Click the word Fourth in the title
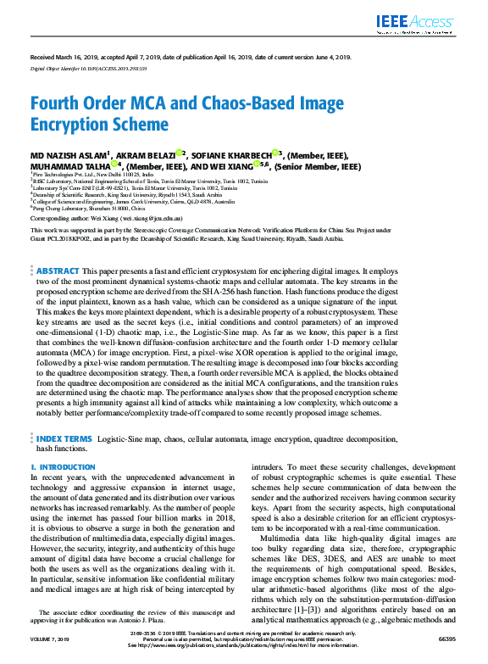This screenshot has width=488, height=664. coord(56,104)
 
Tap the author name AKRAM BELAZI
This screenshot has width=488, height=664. coord(143,156)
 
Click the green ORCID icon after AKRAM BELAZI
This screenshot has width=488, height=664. coord(180,154)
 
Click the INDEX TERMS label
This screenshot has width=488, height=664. coord(64,439)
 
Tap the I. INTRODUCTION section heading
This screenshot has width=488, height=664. coord(63,467)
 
